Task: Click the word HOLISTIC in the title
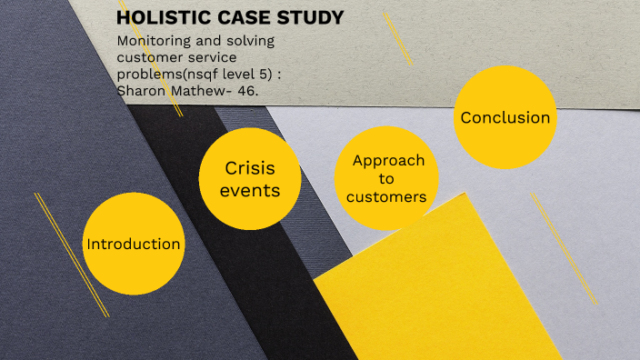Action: point(159,18)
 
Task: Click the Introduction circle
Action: point(133,244)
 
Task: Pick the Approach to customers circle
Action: point(387,178)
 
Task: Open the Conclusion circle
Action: point(505,118)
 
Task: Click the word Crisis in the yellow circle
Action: point(249,168)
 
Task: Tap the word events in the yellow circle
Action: point(249,190)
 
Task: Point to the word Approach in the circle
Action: point(388,160)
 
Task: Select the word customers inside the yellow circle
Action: point(387,196)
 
